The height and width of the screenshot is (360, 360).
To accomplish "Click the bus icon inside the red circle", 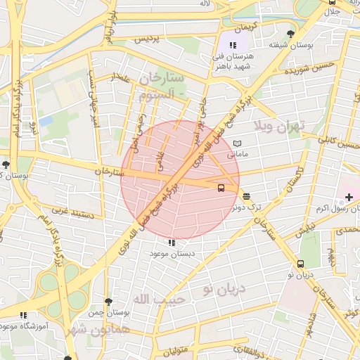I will coord(221,188).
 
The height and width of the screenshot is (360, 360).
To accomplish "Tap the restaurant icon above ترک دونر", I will coord(246,196).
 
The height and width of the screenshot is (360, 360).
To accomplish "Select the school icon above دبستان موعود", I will coord(171,243).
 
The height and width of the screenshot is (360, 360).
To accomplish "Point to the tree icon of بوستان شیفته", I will coord(290,33).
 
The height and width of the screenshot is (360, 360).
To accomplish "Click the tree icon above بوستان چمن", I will coord(108,302).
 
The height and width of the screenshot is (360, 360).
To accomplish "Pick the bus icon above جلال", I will coord(333,2).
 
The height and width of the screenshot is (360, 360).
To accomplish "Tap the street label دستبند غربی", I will coord(68,210).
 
